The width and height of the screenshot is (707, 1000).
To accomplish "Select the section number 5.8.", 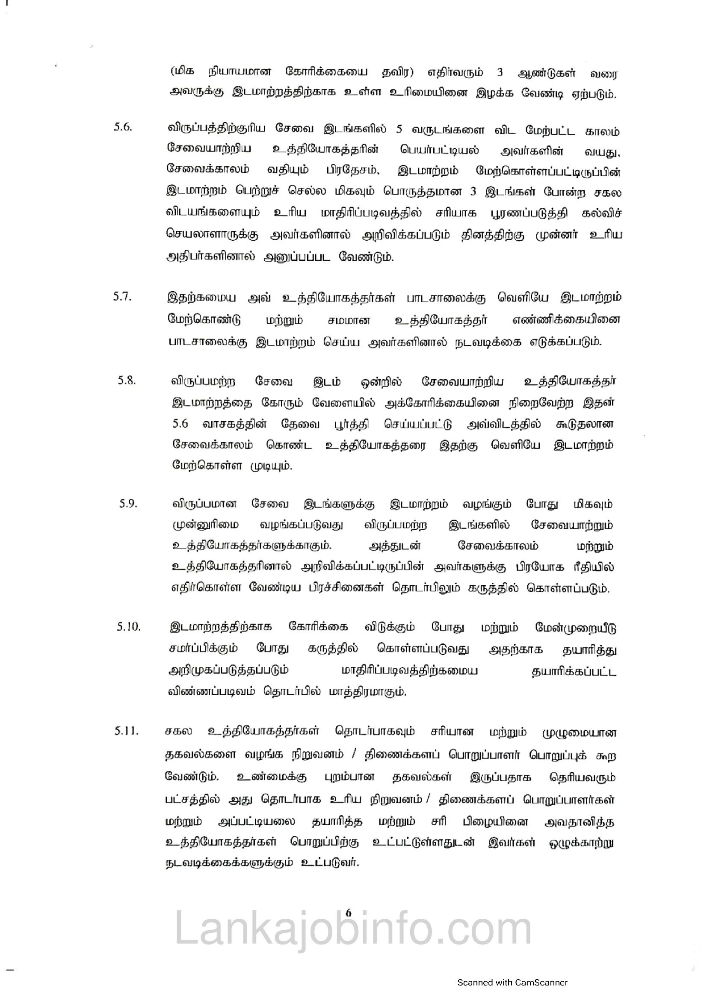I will pyautogui.click(x=127, y=380).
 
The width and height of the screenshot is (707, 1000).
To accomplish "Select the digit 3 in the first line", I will pyautogui.click(x=500, y=73).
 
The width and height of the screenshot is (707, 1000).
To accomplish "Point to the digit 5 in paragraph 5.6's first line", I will pyautogui.click(x=399, y=130).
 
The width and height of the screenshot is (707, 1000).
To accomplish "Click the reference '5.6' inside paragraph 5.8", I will pyautogui.click(x=180, y=424).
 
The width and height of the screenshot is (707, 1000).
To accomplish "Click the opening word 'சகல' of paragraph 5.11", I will pyautogui.click(x=179, y=731).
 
